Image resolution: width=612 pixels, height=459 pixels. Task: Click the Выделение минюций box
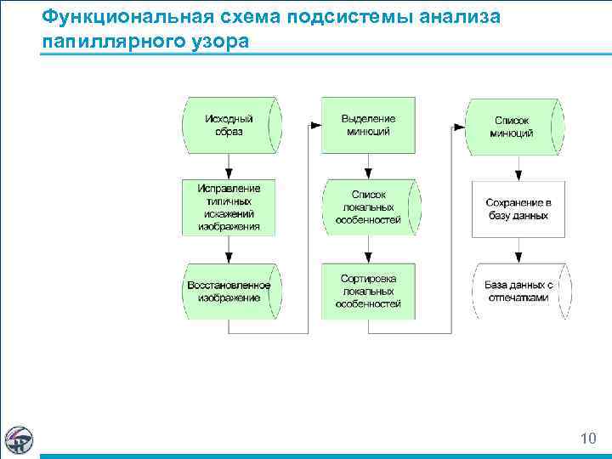pos(368,125)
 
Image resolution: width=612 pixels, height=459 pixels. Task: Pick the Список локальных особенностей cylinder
pos(369,207)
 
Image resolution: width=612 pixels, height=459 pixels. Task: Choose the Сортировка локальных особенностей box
pos(368,291)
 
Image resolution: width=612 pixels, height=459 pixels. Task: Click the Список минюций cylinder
pos(513,126)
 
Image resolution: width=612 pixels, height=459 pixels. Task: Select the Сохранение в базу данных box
pos(518,209)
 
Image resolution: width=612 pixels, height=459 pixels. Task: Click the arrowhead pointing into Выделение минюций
pos(316,126)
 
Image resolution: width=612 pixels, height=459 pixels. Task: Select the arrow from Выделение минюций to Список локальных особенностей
pos(368,165)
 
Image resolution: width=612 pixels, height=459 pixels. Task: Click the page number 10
pos(587,439)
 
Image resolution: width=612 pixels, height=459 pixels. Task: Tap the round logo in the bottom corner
pos(19,439)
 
